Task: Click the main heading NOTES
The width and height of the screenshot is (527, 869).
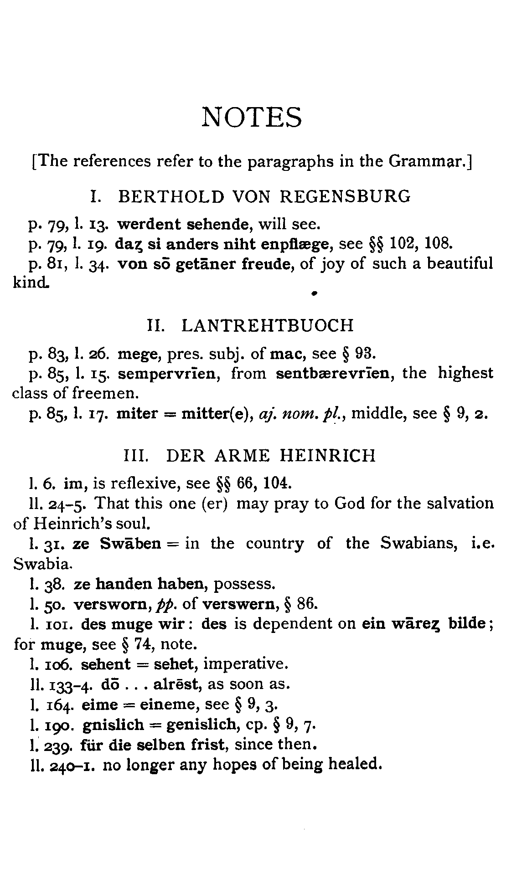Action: (x=252, y=117)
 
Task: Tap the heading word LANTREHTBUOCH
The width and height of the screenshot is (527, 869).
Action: (x=268, y=325)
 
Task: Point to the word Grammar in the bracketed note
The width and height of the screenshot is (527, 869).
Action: (x=428, y=161)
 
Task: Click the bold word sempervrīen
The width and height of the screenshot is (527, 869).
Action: (x=169, y=373)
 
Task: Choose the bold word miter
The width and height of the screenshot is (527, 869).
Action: (x=137, y=414)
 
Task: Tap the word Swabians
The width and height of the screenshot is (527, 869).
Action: (x=419, y=544)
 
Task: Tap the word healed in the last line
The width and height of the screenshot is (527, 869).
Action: (x=354, y=764)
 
